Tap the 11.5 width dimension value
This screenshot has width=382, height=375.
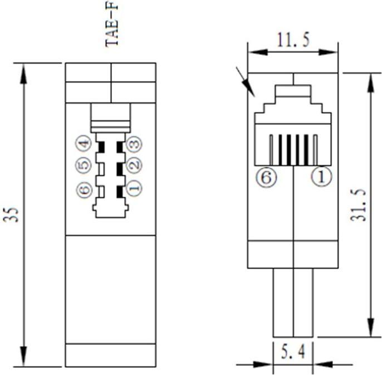tap(293, 40)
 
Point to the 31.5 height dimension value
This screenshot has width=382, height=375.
tap(359, 204)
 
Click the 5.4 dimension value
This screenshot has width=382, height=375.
tap(293, 352)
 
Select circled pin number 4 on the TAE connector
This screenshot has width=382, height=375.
tap(84, 144)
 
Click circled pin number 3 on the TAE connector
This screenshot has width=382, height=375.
tap(133, 144)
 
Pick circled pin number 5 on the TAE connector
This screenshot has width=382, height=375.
tap(84, 165)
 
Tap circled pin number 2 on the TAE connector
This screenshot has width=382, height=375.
tap(133, 165)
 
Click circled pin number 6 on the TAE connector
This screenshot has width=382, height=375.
tap(84, 190)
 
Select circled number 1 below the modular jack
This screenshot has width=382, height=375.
tap(321, 177)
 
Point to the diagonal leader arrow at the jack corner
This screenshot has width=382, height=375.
tap(245, 81)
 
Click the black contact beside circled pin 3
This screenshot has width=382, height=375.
tap(119, 147)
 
